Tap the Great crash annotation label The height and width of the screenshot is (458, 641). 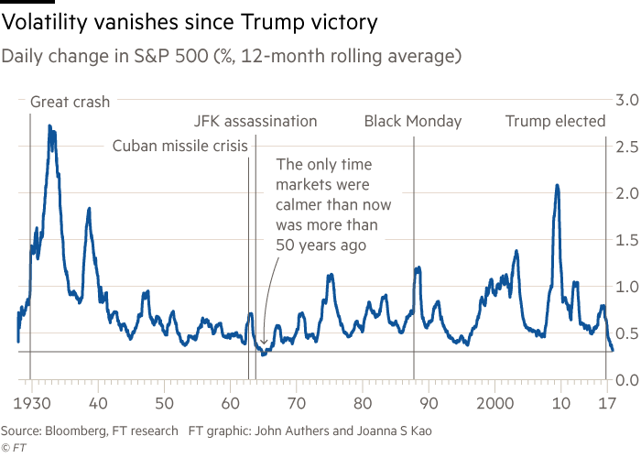(71, 102)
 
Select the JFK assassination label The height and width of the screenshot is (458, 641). (256, 121)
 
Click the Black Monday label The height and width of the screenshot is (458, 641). (413, 121)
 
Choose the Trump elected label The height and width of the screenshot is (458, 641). (556, 121)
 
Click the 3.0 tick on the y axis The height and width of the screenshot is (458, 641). (625, 99)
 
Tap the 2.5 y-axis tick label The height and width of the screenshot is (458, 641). (625, 147)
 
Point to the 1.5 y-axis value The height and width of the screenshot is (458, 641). (625, 240)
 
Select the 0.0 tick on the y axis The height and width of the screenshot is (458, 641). (625, 379)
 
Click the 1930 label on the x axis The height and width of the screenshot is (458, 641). (30, 403)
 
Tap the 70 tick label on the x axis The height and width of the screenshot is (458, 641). (297, 403)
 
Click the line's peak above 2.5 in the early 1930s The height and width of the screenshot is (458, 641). (50, 126)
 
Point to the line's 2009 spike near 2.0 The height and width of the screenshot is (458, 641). (557, 186)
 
